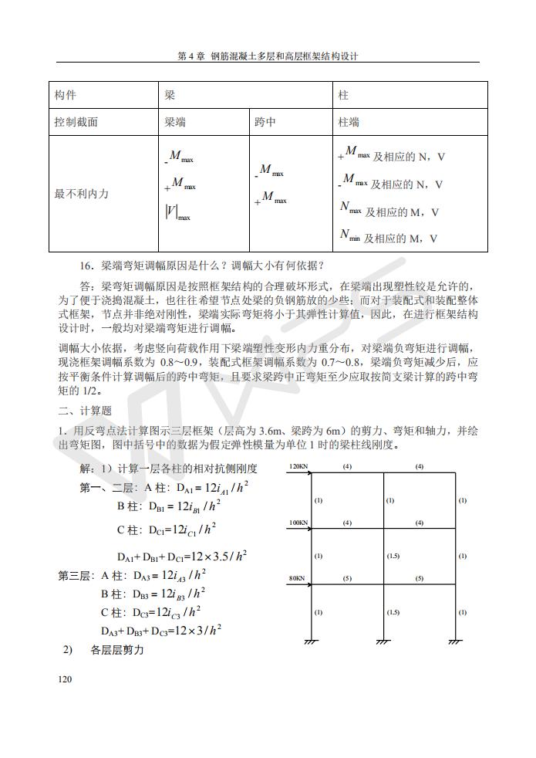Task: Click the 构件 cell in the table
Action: pyautogui.click(x=66, y=95)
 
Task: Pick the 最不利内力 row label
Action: pyautogui.click(x=81, y=194)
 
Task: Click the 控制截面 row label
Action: pyautogui.click(x=76, y=122)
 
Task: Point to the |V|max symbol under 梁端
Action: pyautogui.click(x=177, y=212)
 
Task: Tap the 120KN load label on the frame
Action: pyautogui.click(x=298, y=466)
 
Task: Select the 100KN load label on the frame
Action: pyautogui.click(x=298, y=523)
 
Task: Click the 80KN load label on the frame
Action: pyautogui.click(x=297, y=577)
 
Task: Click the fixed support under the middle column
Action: pyautogui.click(x=383, y=641)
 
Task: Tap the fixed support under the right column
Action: pyautogui.click(x=455, y=641)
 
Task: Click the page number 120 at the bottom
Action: pyautogui.click(x=65, y=679)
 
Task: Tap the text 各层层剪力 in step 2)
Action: pyautogui.click(x=117, y=650)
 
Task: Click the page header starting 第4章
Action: pyautogui.click(x=268, y=56)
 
